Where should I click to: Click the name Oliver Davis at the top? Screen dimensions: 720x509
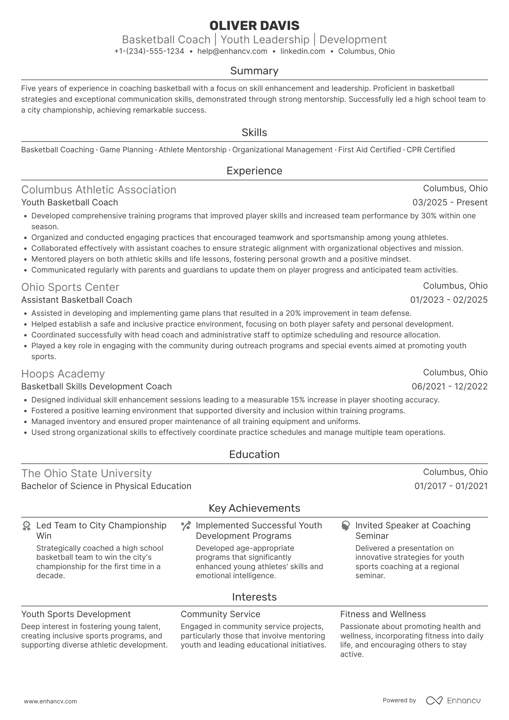(254, 26)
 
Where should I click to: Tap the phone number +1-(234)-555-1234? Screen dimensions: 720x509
(149, 51)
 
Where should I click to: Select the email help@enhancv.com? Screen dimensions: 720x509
(232, 51)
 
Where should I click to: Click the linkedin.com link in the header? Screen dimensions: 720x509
(303, 51)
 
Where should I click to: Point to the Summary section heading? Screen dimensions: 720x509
(254, 71)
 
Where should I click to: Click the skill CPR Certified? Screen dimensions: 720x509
(431, 150)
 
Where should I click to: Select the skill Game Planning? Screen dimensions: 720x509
(126, 150)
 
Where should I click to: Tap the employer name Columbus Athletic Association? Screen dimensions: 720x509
(99, 190)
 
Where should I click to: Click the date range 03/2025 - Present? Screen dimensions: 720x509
(450, 202)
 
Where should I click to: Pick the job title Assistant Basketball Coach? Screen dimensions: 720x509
(77, 300)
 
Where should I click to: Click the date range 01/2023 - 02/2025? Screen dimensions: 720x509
(449, 300)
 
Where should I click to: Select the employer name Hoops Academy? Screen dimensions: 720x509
(63, 374)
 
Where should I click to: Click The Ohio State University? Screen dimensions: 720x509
(86, 474)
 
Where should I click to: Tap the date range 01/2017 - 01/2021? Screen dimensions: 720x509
(451, 486)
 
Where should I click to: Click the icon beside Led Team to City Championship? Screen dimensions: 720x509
(26, 526)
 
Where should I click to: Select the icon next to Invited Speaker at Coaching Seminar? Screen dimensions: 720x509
(345, 526)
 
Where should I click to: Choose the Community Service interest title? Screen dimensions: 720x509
(220, 614)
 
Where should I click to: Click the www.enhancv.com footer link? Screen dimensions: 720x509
(50, 701)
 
